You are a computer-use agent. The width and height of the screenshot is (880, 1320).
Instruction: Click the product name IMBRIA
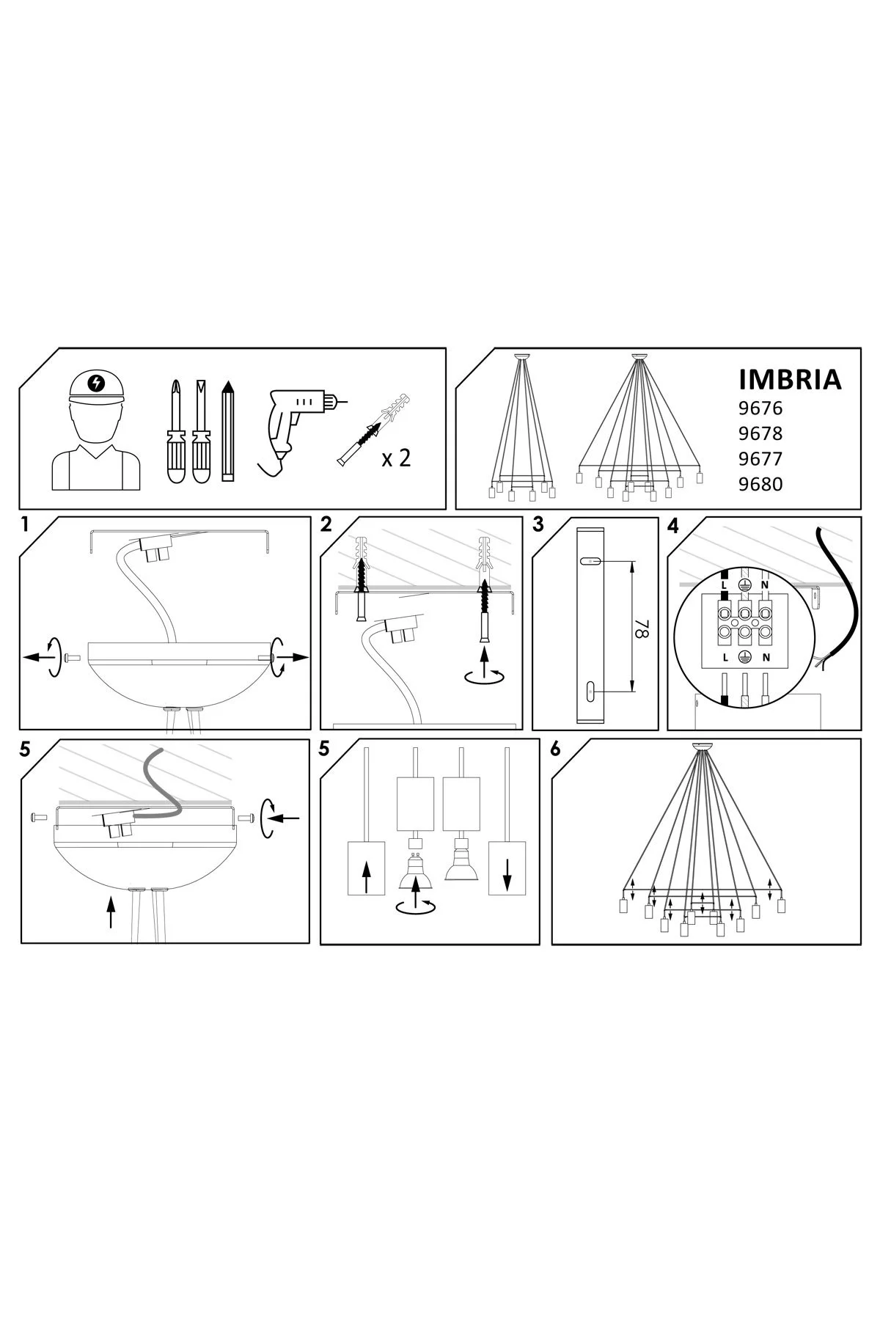[788, 379]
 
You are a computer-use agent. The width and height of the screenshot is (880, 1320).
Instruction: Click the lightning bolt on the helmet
[95, 382]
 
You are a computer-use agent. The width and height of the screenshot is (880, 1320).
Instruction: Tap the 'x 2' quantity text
[396, 458]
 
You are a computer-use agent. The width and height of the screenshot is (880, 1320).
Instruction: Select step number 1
[25, 525]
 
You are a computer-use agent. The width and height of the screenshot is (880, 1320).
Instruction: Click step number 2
[326, 525]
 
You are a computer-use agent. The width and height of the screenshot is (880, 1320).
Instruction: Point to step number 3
[539, 525]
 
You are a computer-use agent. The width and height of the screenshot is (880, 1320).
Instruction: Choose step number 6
[555, 749]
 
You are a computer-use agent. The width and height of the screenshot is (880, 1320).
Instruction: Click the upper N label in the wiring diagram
[764, 585]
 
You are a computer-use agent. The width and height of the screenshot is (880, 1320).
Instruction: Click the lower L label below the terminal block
[725, 657]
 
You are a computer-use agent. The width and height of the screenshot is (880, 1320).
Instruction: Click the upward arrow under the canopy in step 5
[111, 912]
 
